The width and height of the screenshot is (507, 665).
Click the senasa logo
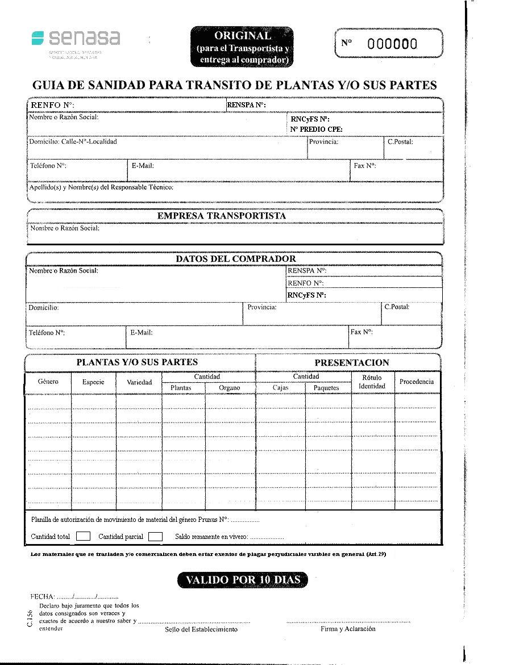click(76, 39)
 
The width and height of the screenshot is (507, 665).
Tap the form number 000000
click(392, 44)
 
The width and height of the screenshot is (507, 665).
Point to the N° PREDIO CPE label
click(316, 129)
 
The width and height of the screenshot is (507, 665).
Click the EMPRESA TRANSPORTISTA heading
click(222, 216)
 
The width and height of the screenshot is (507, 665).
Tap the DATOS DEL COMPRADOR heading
click(235, 259)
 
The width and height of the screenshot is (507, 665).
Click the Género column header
click(48, 382)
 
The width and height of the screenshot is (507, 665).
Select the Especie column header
click(93, 382)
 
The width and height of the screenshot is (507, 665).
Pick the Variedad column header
click(139, 382)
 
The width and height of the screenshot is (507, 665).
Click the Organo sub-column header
click(230, 388)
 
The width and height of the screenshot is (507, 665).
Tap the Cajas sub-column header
click(280, 388)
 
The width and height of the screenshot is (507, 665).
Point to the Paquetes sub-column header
click(326, 388)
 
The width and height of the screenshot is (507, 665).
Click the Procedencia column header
click(417, 382)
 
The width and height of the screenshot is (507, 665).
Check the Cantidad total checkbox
click(83, 536)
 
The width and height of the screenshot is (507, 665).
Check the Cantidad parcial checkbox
click(155, 536)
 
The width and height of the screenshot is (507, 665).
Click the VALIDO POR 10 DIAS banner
click(242, 580)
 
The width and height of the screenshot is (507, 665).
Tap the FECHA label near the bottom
click(42, 597)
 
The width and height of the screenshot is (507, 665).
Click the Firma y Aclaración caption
click(348, 629)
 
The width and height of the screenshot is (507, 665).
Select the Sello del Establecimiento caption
click(201, 629)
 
